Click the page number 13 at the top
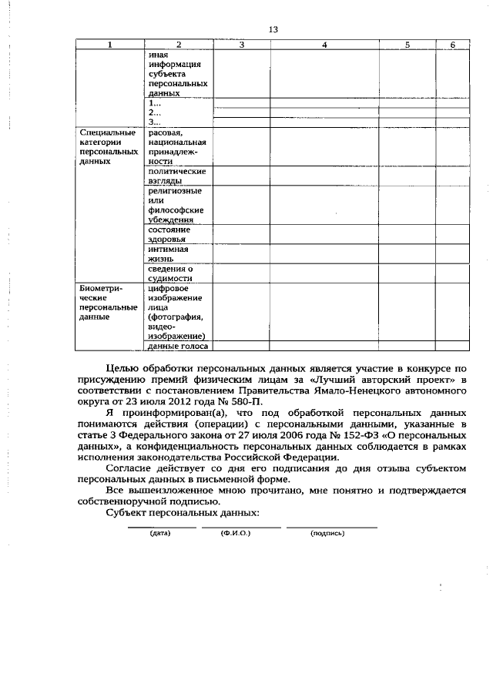point(273,29)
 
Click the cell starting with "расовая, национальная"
point(176,147)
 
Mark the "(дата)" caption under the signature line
point(160,533)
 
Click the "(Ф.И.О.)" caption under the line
point(231,533)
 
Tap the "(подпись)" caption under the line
point(327,533)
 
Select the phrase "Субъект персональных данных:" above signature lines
point(183,513)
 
